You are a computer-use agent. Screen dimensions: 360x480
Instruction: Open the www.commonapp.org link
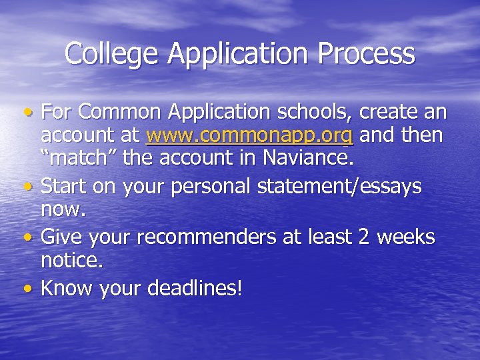(249, 135)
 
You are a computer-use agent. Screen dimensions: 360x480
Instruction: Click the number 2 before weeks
(365, 237)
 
